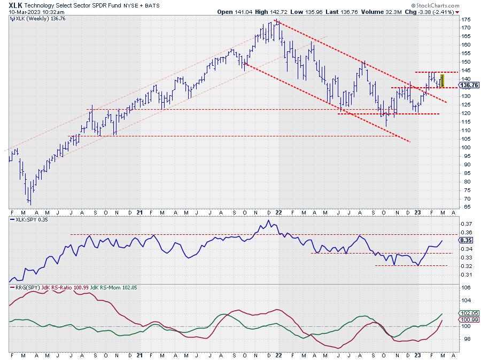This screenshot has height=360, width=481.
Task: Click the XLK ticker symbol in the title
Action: click(15, 4)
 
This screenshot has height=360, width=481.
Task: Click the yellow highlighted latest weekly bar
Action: click(442, 81)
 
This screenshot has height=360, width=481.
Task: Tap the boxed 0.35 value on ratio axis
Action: click(465, 241)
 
